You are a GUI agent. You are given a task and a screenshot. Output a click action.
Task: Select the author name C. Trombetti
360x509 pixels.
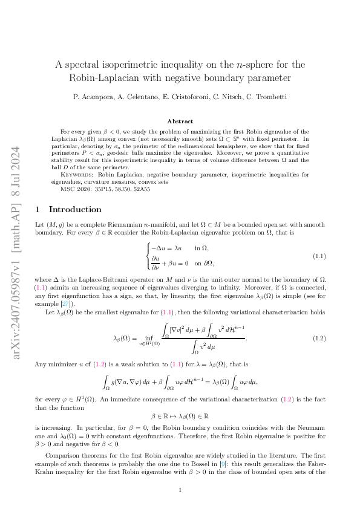coord(266,97)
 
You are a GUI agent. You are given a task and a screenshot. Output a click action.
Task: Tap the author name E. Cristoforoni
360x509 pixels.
coord(178,97)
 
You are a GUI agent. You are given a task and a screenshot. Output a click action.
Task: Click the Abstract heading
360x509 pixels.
coord(180,121)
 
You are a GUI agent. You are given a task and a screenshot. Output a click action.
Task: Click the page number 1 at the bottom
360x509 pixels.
coord(180,490)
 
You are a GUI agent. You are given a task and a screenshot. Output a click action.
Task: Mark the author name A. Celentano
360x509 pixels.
coord(134,97)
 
